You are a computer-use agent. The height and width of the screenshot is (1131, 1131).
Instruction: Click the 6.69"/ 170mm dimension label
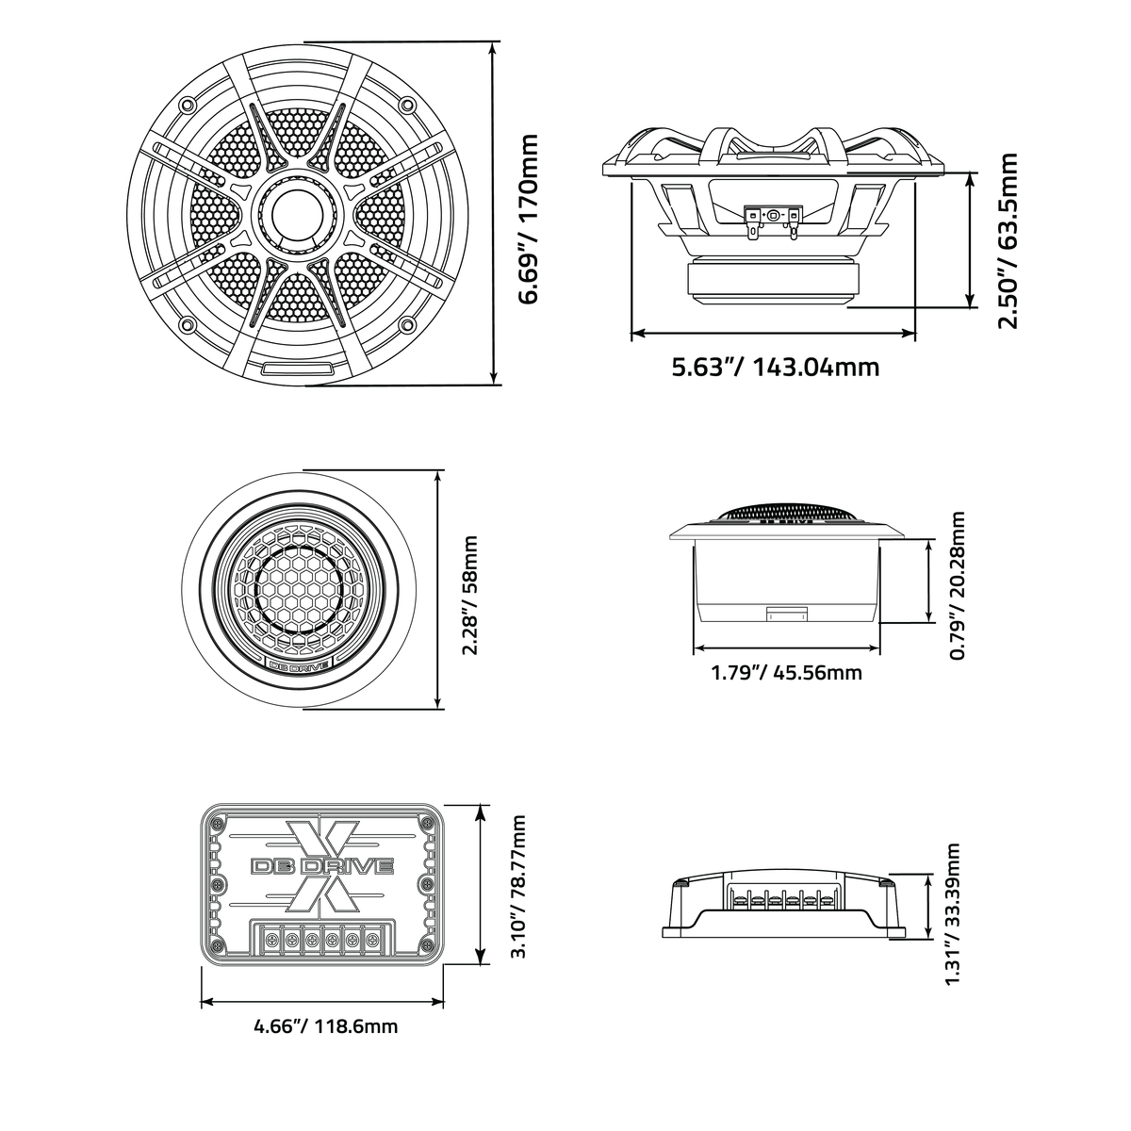[528, 219]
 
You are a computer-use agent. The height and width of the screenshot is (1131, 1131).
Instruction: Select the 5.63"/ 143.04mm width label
[775, 368]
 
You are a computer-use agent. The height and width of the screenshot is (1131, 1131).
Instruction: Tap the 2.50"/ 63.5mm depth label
[1008, 240]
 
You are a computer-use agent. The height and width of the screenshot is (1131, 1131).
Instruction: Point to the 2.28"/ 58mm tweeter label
[469, 595]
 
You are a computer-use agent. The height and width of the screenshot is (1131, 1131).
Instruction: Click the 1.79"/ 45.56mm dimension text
[786, 671]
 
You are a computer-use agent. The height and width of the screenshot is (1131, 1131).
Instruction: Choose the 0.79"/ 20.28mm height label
[958, 585]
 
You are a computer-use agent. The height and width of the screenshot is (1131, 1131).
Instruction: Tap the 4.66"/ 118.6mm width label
[325, 1026]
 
